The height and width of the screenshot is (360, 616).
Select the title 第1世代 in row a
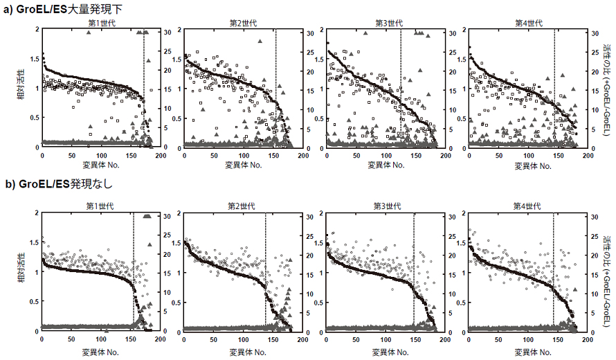click(x=101, y=23)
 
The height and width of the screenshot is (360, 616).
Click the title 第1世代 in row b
click(x=100, y=206)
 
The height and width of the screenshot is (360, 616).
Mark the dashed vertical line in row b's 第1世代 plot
click(x=134, y=270)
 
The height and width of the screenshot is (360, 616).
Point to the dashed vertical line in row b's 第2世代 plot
click(x=266, y=270)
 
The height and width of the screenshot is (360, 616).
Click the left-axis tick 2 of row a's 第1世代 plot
click(x=37, y=29)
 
